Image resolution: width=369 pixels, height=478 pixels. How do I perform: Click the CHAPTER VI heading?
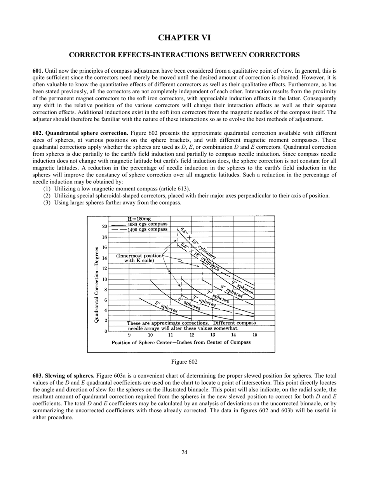[x=184, y=38]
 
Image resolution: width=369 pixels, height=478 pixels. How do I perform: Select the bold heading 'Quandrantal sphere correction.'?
[x=87, y=133]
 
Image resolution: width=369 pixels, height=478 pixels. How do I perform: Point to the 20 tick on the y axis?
[x=104, y=227]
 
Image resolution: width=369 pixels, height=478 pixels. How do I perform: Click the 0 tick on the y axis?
[x=106, y=331]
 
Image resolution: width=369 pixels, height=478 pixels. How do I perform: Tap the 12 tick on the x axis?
[x=192, y=335]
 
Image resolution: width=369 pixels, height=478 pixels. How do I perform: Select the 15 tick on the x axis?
[x=255, y=335]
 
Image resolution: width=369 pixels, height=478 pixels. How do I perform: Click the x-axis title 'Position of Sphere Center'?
[x=181, y=343]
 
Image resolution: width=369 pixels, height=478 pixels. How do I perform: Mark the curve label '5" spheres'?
[x=166, y=307]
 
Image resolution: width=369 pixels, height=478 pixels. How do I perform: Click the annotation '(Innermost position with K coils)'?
[x=139, y=258]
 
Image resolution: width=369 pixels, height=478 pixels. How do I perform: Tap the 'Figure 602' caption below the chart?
[x=184, y=362]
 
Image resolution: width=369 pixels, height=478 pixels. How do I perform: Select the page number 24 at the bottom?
[x=184, y=452]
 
